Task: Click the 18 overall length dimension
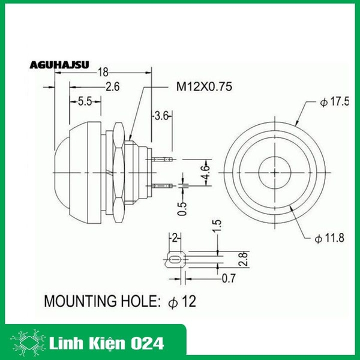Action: coord(103,71)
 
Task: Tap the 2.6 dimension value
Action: coord(112,87)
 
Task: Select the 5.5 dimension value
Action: coord(85,101)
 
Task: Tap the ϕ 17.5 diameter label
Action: coord(334,102)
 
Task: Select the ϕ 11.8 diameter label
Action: coord(329,238)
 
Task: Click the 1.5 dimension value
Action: coord(218,227)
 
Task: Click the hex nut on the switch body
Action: coord(118,170)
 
